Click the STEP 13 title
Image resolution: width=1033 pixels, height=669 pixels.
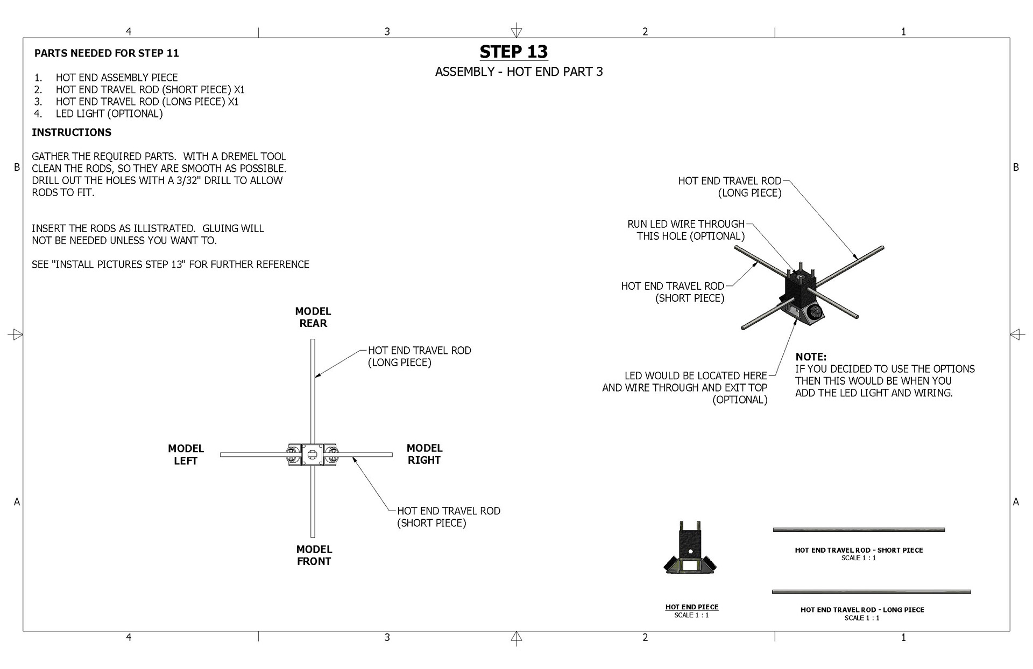click(x=513, y=52)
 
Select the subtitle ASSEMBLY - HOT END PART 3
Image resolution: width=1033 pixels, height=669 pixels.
click(x=519, y=72)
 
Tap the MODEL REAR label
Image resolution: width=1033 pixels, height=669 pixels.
click(x=313, y=317)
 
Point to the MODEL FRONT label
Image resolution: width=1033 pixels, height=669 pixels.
click(x=314, y=555)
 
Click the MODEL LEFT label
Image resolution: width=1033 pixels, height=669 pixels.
click(x=186, y=454)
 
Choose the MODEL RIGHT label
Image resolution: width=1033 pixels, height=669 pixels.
click(x=424, y=454)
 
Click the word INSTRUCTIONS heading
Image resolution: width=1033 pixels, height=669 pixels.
click(x=72, y=133)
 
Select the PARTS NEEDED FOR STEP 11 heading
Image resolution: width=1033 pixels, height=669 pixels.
click(x=107, y=53)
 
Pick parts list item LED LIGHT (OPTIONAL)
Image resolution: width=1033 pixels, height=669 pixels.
click(x=109, y=114)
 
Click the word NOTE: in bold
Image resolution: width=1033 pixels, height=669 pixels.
click(x=811, y=357)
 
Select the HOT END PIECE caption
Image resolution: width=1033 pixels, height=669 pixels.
click(x=691, y=607)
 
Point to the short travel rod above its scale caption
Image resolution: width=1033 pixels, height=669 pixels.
click(x=859, y=530)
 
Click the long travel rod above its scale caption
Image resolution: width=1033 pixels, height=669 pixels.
click(x=871, y=592)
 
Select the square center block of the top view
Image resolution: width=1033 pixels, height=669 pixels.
click(x=312, y=455)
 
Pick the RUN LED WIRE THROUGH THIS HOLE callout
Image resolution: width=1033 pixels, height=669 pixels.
click(x=687, y=230)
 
